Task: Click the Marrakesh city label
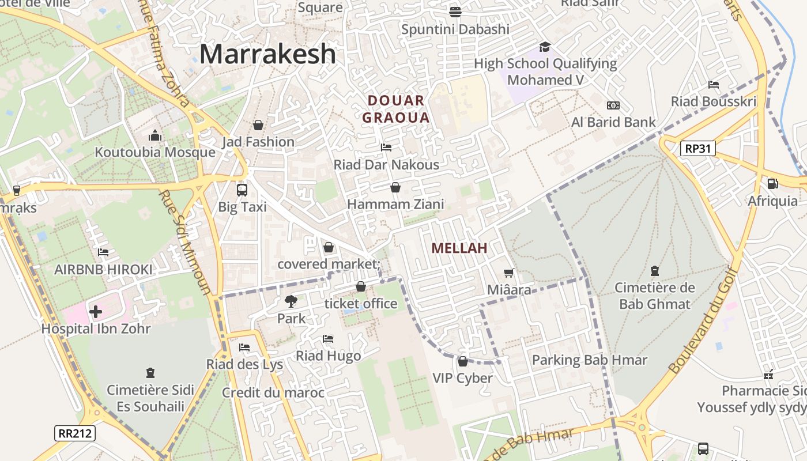[267, 54]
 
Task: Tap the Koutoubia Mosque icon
[154, 136]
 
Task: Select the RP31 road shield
[697, 149]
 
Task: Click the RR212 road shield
[75, 433]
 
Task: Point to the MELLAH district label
[459, 248]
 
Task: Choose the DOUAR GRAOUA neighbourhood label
[396, 109]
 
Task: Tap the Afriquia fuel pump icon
[772, 184]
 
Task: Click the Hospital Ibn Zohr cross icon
[96, 312]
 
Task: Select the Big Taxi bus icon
[242, 190]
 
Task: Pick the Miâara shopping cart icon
[508, 273]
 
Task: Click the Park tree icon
[291, 301]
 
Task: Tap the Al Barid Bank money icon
[613, 105]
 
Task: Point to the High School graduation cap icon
[545, 47]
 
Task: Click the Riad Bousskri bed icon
[713, 85]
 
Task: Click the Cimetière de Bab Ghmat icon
[654, 270]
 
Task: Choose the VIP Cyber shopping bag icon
[462, 361]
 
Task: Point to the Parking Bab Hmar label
[589, 360]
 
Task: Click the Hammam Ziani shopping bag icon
[395, 187]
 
